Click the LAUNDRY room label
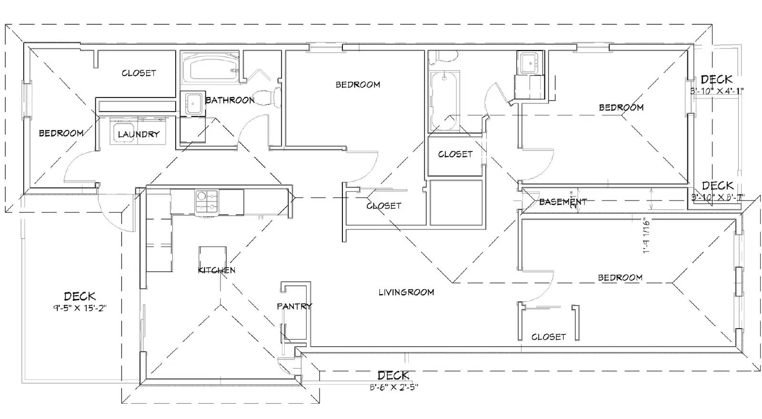(138, 134)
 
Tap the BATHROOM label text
(230, 100)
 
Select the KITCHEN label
(216, 270)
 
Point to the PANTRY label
(294, 306)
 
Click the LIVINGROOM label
(406, 292)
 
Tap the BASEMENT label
(562, 202)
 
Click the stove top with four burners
(207, 202)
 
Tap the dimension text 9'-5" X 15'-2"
(80, 308)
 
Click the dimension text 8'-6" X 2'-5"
(393, 387)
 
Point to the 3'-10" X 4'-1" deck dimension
(717, 90)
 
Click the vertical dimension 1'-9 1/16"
(646, 236)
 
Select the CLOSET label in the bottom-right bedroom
(549, 337)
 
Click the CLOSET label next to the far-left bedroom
(139, 73)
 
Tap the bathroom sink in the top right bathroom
(530, 62)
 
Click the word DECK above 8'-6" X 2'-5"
(393, 376)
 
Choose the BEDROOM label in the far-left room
(61, 133)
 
